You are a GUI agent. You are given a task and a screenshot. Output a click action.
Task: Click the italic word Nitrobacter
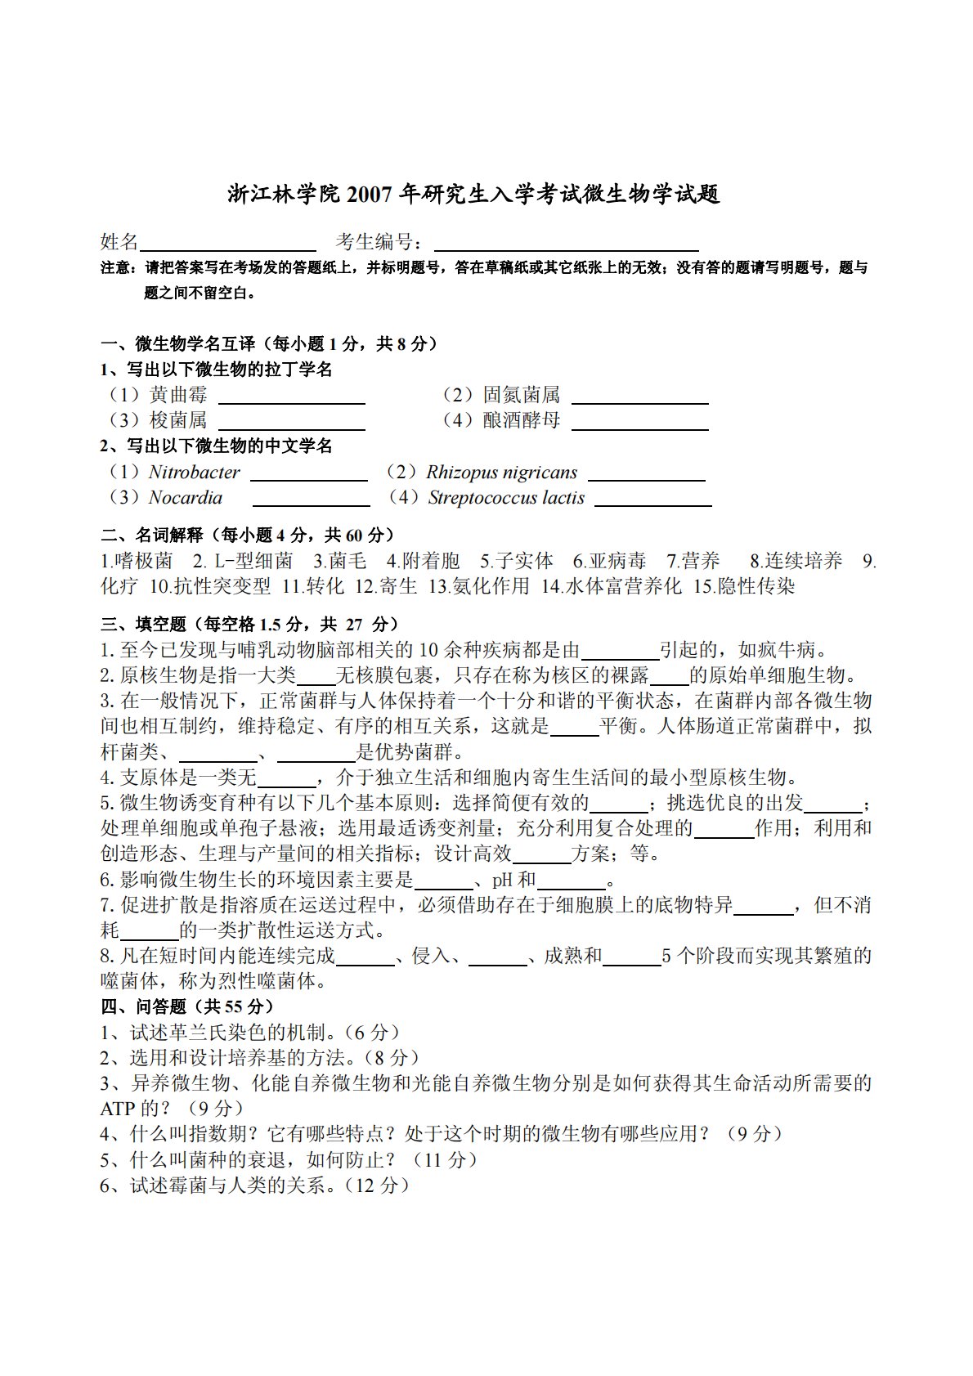coord(195,473)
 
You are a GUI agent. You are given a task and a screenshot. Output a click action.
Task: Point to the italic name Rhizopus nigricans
coord(501,473)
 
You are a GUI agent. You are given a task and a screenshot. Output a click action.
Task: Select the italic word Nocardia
coord(186,498)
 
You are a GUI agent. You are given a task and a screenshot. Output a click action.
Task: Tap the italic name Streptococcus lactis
coord(506,498)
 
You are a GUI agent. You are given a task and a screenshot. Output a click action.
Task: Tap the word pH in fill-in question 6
coord(501,881)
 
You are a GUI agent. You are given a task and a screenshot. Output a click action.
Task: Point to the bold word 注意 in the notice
coord(114,267)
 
